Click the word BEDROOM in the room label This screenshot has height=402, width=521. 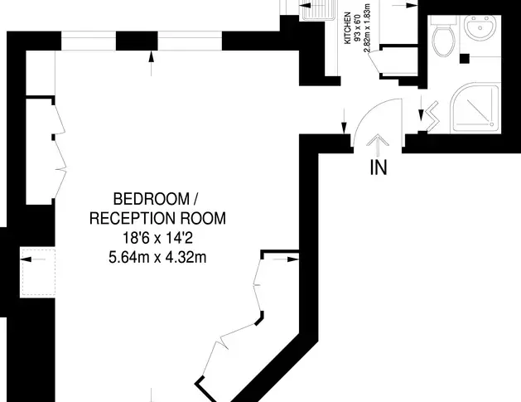152,199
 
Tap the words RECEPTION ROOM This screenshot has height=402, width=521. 157,219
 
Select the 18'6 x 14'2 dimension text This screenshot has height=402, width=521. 158,238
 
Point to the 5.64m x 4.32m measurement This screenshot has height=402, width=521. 157,257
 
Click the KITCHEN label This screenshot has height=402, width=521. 348,28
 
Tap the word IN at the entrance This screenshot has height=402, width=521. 379,167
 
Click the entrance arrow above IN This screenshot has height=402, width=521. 378,145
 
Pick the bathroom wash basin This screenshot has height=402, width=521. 480,27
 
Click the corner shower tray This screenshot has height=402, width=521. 475,108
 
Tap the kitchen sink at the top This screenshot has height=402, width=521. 318,10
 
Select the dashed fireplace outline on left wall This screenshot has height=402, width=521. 37,273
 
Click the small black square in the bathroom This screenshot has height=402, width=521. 465,59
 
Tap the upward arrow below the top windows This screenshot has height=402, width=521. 152,63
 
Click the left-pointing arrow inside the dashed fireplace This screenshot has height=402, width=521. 33,259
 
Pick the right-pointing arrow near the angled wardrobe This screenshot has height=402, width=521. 286,259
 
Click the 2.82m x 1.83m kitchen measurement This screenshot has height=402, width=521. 366,28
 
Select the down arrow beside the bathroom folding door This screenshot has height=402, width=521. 421,109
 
